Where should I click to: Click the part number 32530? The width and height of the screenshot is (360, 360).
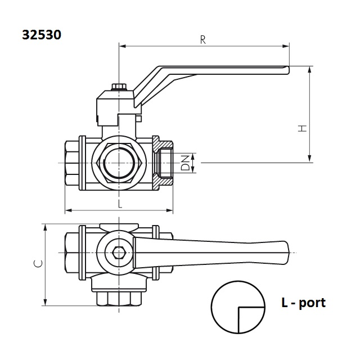point(42,35)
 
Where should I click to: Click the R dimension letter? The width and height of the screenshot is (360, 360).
point(203,40)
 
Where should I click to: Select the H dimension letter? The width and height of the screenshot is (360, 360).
point(303,128)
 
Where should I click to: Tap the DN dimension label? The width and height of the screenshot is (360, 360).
point(186,163)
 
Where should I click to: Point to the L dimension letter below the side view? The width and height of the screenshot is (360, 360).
point(120,204)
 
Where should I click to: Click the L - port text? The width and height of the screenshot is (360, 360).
point(303,303)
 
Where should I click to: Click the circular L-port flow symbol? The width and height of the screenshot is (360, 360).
point(238,307)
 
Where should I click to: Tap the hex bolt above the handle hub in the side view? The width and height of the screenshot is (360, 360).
point(119,87)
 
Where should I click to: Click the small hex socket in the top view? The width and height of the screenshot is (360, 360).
point(119,253)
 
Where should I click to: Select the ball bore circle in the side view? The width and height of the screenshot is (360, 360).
point(119,163)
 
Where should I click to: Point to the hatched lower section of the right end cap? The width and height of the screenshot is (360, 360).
point(163,182)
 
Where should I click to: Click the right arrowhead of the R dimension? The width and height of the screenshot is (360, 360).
point(286,46)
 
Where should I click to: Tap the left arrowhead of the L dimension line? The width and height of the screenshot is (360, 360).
point(69,210)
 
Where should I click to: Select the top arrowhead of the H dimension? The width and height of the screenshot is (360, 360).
point(310,70)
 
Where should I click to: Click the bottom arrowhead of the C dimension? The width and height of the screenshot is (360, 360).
point(45,302)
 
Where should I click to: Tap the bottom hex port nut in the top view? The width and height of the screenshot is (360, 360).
point(119,299)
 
